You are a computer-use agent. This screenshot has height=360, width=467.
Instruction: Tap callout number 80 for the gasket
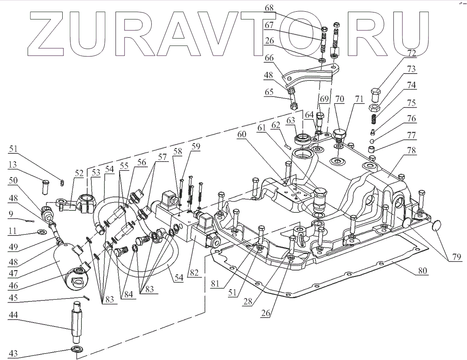point(421,270)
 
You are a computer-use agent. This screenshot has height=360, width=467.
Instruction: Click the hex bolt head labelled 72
point(376,92)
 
